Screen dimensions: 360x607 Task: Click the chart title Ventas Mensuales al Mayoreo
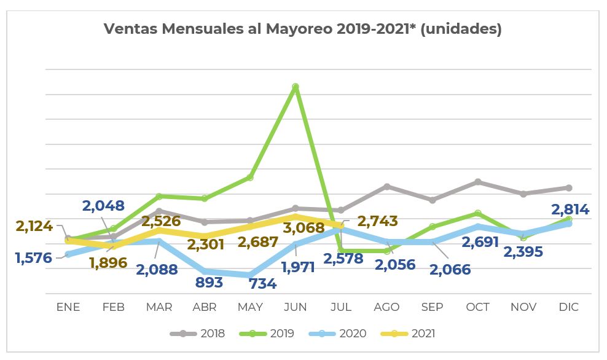pos(302,29)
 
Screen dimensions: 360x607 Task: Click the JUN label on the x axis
pos(296,307)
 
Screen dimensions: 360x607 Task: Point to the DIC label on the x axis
pos(569,307)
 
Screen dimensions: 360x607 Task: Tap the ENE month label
pos(68,307)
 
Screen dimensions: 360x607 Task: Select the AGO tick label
pos(386,307)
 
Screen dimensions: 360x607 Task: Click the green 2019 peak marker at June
pos(296,87)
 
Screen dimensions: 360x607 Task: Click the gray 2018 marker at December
pos(569,187)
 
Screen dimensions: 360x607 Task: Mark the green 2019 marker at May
pos(250,178)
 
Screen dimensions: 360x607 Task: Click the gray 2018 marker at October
pos(478,182)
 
